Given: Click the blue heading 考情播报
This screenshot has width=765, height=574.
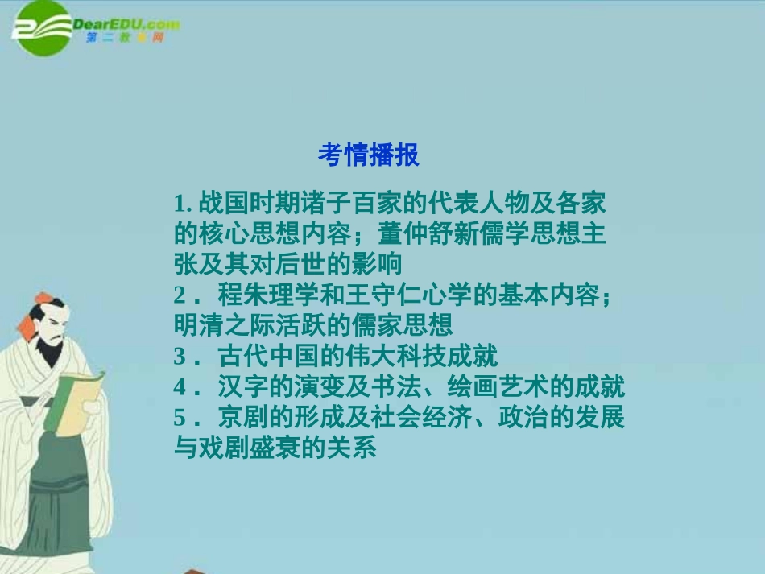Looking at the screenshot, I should [368, 155].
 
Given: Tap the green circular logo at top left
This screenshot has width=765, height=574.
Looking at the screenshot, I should [41, 29].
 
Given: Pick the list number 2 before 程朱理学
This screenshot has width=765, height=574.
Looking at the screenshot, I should [180, 295].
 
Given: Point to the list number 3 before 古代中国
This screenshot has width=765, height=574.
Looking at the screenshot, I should [180, 356].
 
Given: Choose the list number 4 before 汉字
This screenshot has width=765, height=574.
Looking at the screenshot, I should [180, 387].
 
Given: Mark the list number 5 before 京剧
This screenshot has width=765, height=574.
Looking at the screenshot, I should [180, 418].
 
